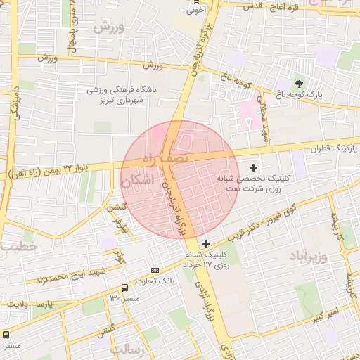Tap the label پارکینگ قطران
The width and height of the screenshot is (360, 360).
pos(333,149)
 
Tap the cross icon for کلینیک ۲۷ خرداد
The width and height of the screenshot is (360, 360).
pos(206,243)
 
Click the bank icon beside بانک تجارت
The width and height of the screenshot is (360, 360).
pos(155,270)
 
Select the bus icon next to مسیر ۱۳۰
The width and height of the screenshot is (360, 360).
pos(124,288)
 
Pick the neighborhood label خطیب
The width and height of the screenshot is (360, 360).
pos(18,247)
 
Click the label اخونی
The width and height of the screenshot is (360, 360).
pos(195,11)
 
